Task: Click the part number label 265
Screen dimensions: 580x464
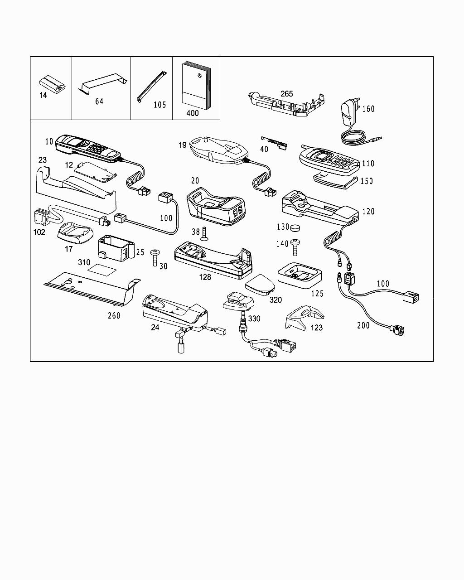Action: click(286, 94)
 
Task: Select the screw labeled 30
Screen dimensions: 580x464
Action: click(155, 257)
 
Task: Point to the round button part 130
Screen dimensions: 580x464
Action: click(296, 227)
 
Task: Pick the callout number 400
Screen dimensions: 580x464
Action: click(192, 113)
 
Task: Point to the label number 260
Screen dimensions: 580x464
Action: click(114, 315)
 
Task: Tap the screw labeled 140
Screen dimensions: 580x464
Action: click(296, 247)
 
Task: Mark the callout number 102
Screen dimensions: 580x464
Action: click(39, 232)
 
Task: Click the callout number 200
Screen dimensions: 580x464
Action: click(363, 325)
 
